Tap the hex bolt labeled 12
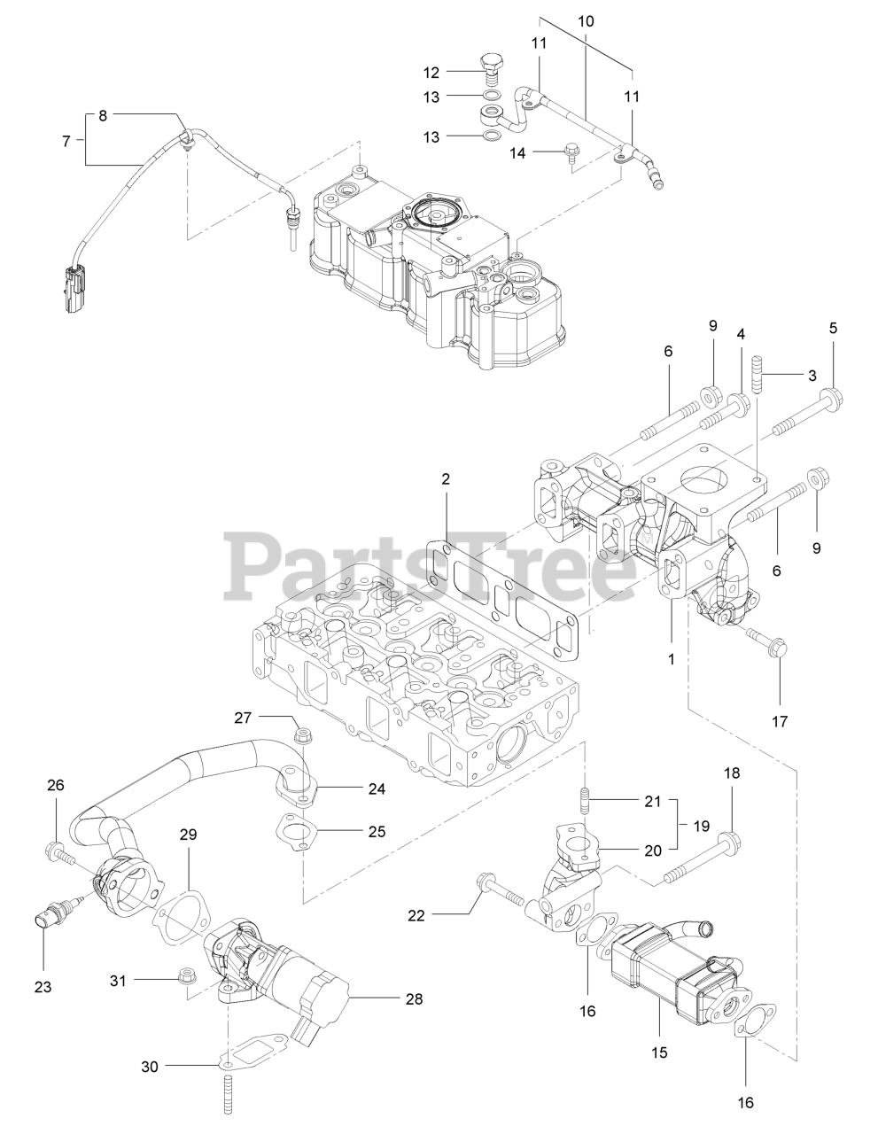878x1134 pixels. pos(489,66)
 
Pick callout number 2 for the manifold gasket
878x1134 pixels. pos(446,479)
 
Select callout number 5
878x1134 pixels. pos(833,328)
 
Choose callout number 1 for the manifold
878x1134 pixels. pos(671,659)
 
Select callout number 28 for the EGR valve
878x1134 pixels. pos(413,998)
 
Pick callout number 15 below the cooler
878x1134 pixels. pos(659,1052)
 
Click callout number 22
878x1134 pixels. pos(417,915)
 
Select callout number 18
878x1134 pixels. pos(732,773)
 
